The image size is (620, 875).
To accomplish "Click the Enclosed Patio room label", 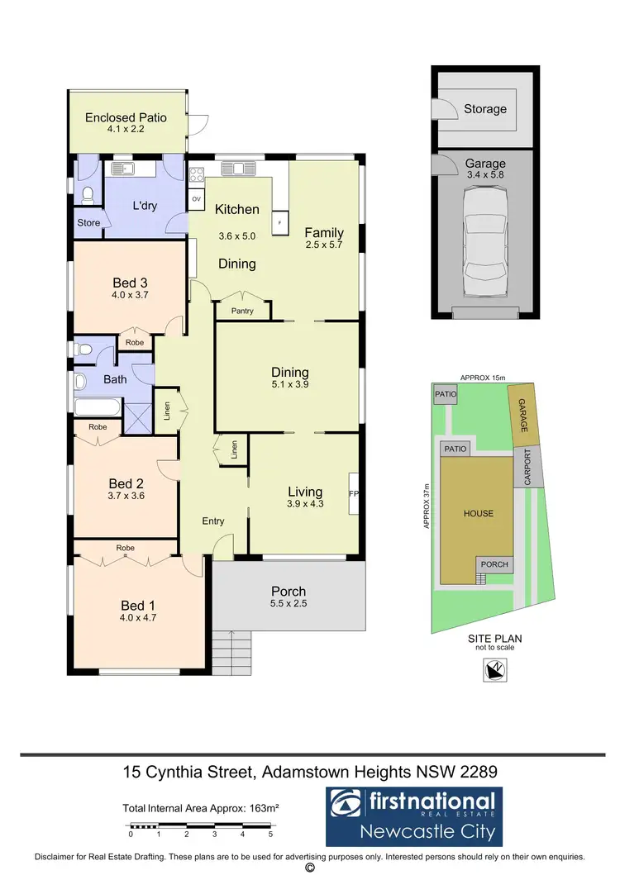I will click(x=126, y=117).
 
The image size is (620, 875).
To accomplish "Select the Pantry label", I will click(x=242, y=311).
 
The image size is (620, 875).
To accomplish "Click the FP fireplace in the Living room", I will click(x=353, y=494).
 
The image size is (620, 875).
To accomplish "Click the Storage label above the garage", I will click(x=485, y=109).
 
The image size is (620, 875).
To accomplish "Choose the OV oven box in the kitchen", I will click(x=196, y=199).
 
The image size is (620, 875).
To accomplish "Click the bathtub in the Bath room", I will click(x=97, y=407).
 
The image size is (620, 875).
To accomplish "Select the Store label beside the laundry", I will click(x=88, y=223).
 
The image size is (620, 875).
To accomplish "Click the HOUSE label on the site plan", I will click(x=478, y=513).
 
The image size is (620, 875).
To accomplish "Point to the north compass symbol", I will click(x=494, y=673).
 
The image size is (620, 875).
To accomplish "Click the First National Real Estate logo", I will click(x=413, y=816).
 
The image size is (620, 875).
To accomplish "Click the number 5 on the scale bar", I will click(x=270, y=835).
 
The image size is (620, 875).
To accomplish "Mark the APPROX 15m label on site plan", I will click(x=482, y=377).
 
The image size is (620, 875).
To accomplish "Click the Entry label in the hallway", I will click(x=213, y=521).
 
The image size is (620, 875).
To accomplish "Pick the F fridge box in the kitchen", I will click(x=279, y=223).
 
